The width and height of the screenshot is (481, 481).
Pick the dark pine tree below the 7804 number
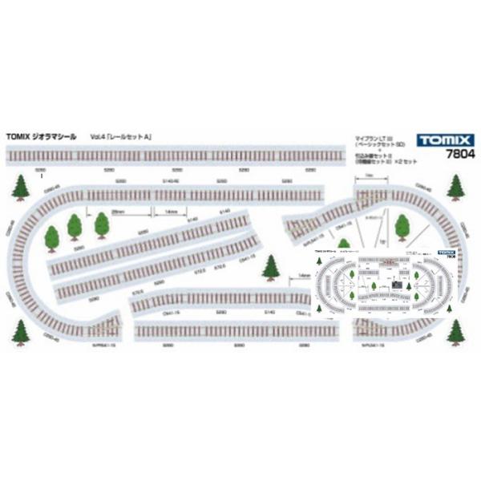point(455,187)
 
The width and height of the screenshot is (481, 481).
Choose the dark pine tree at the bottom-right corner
point(457,330)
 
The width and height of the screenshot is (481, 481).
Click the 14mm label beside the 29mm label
point(170,212)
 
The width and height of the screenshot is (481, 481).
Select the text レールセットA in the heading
point(133,137)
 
